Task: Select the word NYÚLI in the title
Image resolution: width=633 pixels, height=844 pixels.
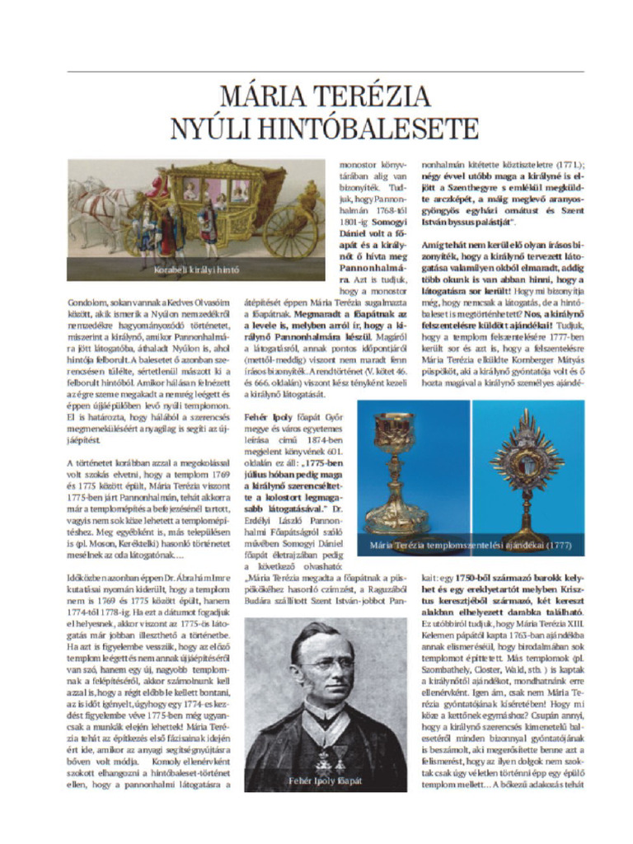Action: [x=209, y=129]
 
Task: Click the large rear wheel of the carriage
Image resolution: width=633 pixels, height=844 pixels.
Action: [x=290, y=231]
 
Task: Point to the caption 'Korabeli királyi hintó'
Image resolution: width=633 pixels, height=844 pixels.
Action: [x=196, y=270]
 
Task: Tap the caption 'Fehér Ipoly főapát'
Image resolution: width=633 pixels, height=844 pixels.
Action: [x=325, y=780]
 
